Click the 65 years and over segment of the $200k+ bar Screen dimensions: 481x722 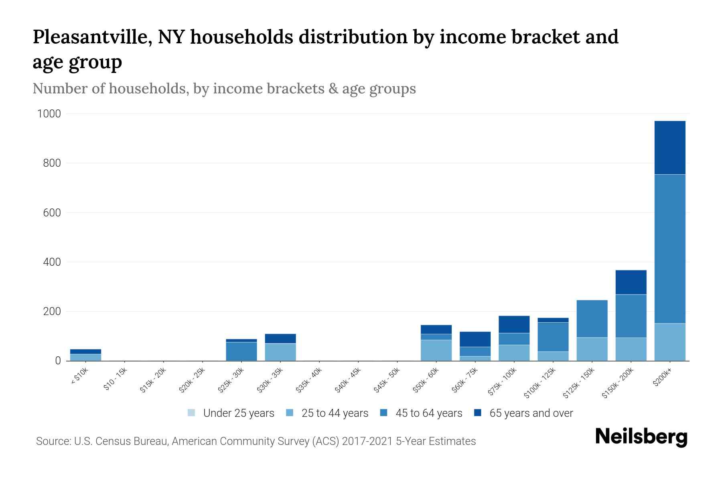pyautogui.click(x=669, y=148)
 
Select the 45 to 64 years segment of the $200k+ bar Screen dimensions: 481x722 pyautogui.click(x=669, y=249)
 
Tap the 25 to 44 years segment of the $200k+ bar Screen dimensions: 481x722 pyautogui.click(x=669, y=342)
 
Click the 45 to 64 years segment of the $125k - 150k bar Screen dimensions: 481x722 pyautogui.click(x=592, y=319)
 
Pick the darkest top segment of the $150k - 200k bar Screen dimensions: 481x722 pyautogui.click(x=631, y=282)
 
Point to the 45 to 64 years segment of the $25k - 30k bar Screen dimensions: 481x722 pyautogui.click(x=241, y=351)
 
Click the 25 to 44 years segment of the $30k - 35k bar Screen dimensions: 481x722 pyautogui.click(x=280, y=352)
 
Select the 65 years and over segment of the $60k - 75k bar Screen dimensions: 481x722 pyautogui.click(x=475, y=339)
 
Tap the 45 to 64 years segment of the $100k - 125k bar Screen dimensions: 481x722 pyautogui.click(x=553, y=337)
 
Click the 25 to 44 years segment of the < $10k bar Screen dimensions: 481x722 pyautogui.click(x=85, y=357)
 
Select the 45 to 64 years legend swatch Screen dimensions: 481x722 pyautogui.click(x=384, y=413)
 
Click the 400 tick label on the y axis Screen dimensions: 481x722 pyautogui.click(x=52, y=262)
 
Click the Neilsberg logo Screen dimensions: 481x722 pyautogui.click(x=641, y=437)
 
